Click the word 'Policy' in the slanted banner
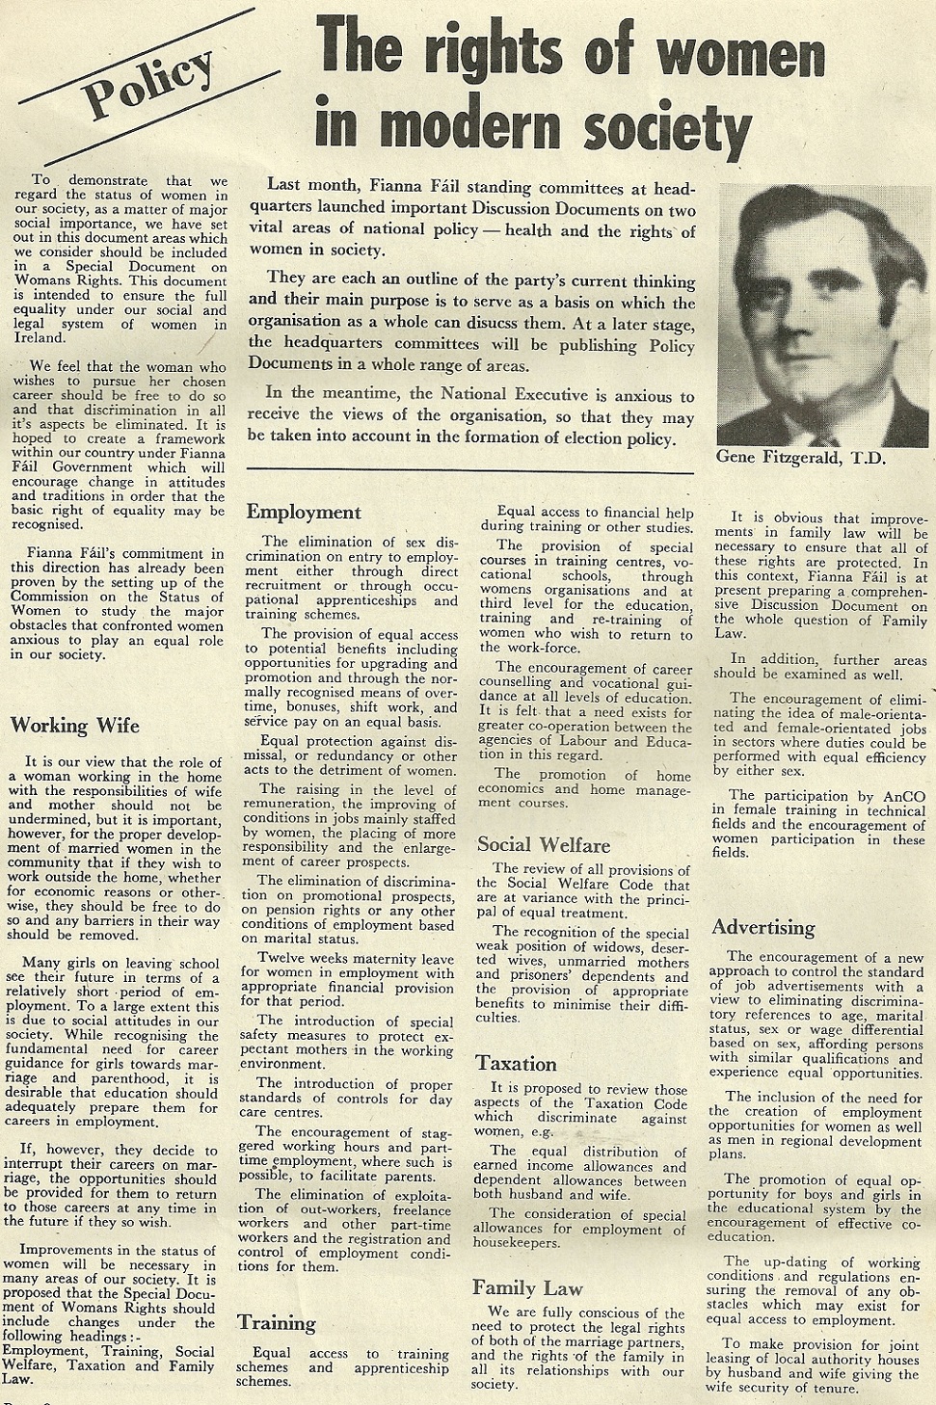pos(150,86)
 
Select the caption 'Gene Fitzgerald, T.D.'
pos(800,458)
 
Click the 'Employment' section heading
pos(304,512)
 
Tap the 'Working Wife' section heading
pos(74,725)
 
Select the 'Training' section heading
pos(277,1322)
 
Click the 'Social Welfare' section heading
pos(544,845)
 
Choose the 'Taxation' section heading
pos(516,1064)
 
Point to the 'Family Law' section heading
pos(527,1287)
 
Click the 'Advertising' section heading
pos(762,928)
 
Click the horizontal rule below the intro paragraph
pos(470,472)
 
